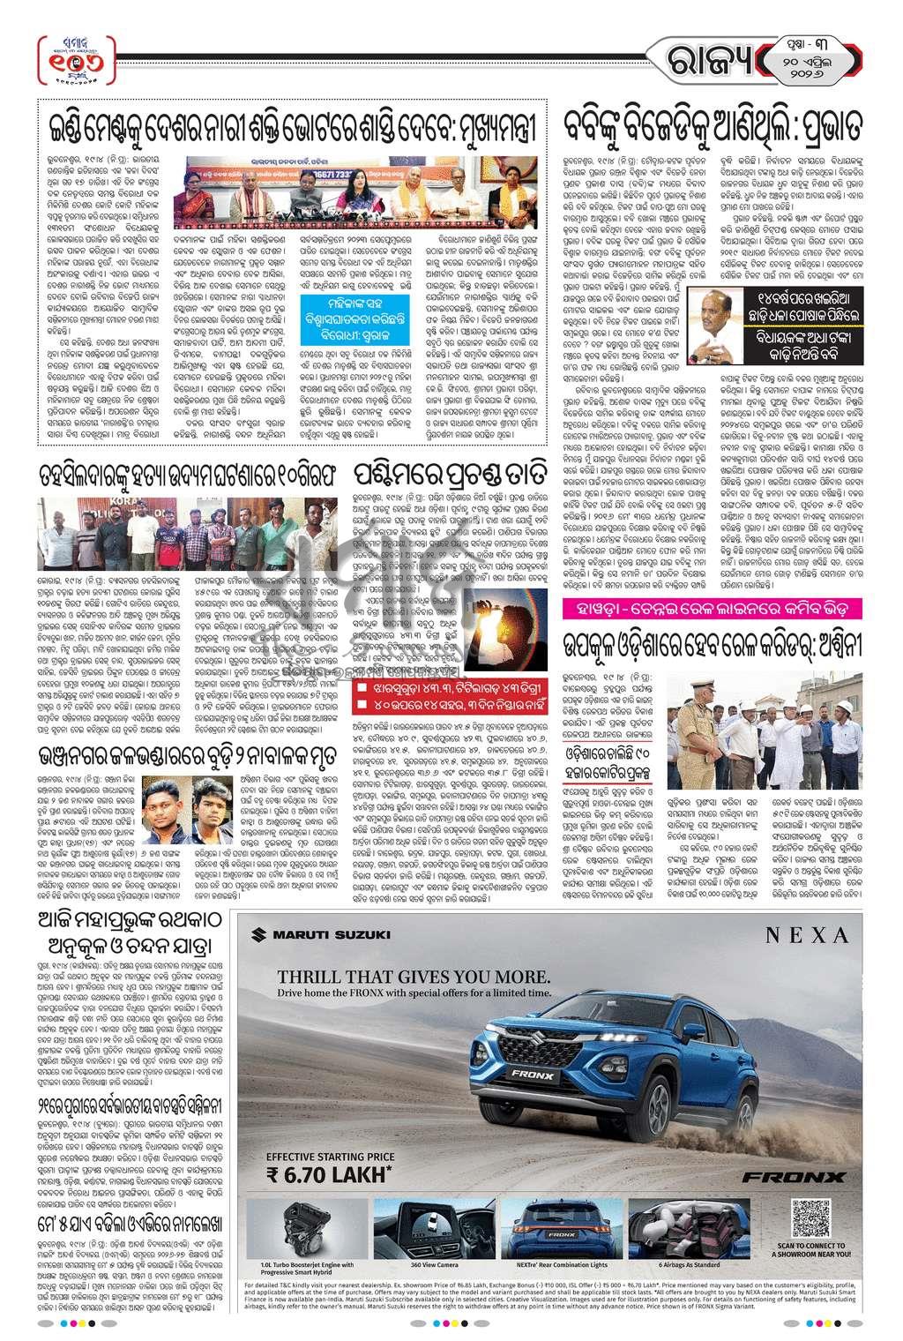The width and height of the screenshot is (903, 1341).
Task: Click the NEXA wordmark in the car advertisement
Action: tap(806, 935)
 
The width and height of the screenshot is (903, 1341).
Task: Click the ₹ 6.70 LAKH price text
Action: tap(326, 1174)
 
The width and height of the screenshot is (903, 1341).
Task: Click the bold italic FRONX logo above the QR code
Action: tap(793, 1177)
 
